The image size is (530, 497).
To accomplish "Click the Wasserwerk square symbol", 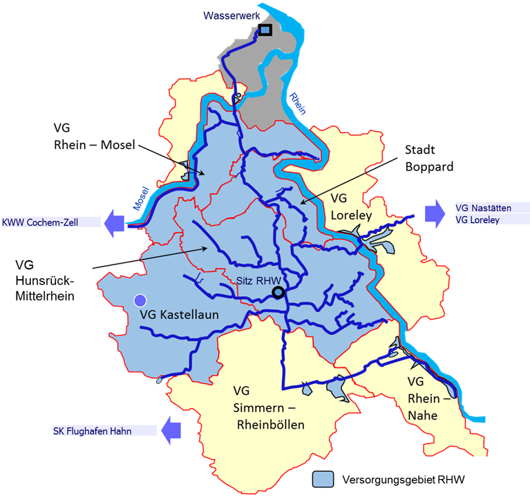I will (x=265, y=30).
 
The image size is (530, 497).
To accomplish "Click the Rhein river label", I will (x=297, y=103).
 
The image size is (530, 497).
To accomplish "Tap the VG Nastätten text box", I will (x=483, y=206).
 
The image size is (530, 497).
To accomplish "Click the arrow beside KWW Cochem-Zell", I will (x=114, y=223).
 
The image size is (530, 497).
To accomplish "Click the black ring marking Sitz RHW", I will (x=278, y=293).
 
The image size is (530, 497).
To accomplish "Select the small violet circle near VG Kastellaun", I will (x=140, y=300).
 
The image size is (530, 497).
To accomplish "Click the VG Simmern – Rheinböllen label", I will (x=268, y=408).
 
